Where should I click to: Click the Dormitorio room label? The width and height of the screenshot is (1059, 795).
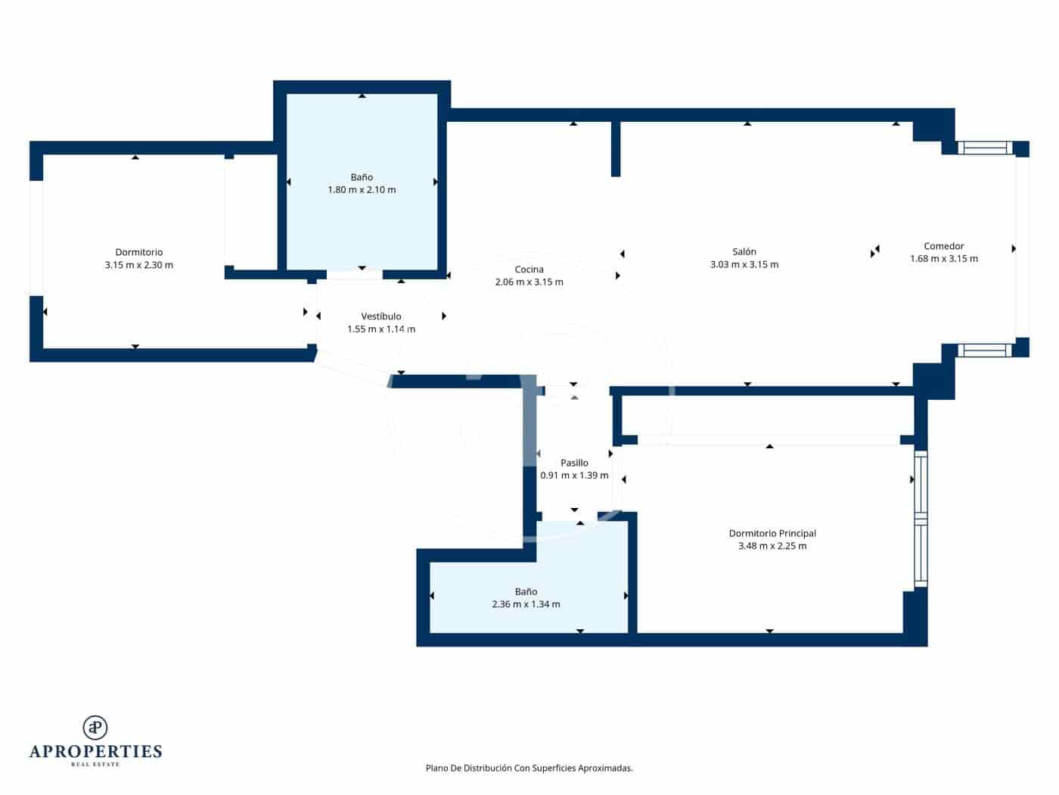[x=138, y=252]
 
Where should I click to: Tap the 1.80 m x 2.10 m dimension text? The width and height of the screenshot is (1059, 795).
[x=362, y=190]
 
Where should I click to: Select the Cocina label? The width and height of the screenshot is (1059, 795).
[x=529, y=270]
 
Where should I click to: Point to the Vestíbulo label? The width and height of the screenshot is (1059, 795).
[x=381, y=316]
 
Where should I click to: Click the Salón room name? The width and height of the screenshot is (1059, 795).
[x=744, y=251]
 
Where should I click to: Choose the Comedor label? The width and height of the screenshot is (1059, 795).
[x=943, y=246]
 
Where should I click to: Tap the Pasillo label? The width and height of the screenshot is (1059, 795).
[x=574, y=463]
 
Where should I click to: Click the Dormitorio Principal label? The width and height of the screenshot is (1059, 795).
[x=772, y=533]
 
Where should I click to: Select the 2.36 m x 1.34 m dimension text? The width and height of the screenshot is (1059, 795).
[x=526, y=604]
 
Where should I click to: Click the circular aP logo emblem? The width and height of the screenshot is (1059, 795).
[x=95, y=728]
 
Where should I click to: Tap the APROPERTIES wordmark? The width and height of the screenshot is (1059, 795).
[x=95, y=751]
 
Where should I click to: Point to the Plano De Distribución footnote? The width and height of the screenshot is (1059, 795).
[x=529, y=768]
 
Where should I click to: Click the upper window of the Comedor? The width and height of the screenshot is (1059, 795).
[x=984, y=148]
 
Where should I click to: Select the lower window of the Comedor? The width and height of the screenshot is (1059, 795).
[x=984, y=350]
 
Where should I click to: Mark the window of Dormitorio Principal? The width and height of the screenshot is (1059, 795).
[x=921, y=519]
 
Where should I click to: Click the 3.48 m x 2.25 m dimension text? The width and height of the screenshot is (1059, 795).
[x=772, y=546]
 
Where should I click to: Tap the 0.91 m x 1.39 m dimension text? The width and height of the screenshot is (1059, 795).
[x=574, y=475]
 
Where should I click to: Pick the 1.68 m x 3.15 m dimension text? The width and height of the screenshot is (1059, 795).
[x=943, y=259]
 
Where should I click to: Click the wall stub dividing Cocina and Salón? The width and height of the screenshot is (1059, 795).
[x=616, y=148]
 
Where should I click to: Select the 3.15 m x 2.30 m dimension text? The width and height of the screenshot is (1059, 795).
[x=138, y=265]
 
